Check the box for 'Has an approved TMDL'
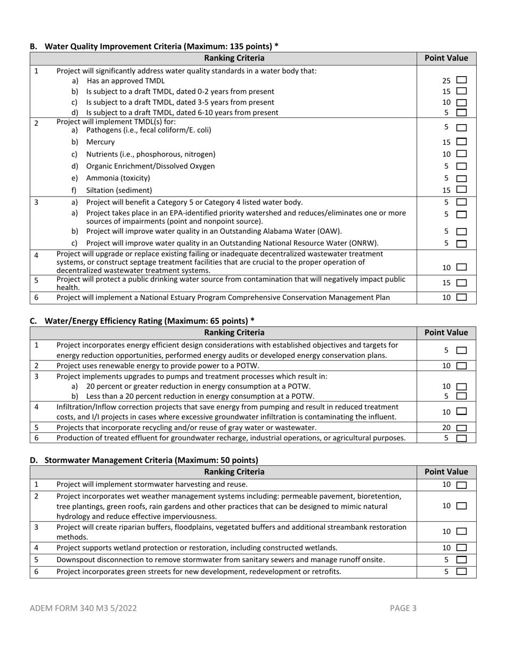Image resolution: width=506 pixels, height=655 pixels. coord(461,81)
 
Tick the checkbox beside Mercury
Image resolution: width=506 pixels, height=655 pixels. coord(461,142)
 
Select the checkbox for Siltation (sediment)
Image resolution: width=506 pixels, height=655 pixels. coord(461,190)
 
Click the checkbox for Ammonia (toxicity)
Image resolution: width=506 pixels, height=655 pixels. coord(461,178)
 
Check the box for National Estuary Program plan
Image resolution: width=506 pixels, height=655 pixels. coord(461,298)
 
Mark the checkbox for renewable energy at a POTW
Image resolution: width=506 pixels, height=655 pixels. coord(461,366)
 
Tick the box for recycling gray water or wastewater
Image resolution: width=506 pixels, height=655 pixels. coord(461,428)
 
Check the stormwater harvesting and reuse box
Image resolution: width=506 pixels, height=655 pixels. coord(461,485)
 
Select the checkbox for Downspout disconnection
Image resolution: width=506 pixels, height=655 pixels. coord(461,560)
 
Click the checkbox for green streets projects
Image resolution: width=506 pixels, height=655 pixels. coord(461,572)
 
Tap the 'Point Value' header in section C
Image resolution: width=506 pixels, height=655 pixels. coord(446,333)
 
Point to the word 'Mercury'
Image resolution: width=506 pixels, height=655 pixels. coord(100,142)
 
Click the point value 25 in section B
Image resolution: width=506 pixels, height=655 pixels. coord(446,81)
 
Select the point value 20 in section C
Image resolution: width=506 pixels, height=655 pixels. coord(446,428)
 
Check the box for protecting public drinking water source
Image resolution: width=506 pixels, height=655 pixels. coord(461,283)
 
